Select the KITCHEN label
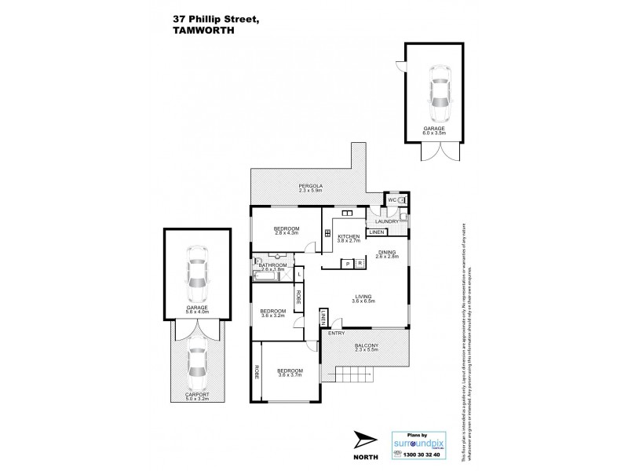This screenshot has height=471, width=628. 349,236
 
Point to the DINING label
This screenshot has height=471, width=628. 388,252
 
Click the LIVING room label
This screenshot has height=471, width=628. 363,297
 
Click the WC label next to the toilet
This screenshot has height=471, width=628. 389,200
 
